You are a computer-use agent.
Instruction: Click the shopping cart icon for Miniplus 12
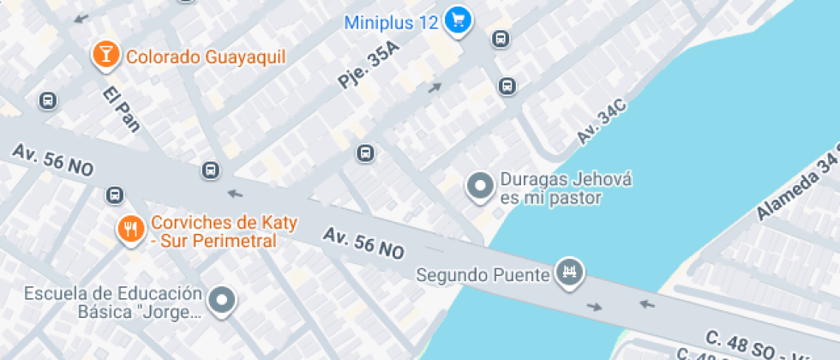click(459, 21)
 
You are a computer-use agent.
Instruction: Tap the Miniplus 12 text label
click(392, 22)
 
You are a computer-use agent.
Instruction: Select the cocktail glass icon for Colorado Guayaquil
click(105, 56)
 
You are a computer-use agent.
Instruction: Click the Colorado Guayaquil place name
click(206, 57)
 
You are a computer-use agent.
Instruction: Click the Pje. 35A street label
click(369, 67)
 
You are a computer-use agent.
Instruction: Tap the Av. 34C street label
click(601, 123)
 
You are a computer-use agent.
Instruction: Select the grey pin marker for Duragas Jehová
click(480, 186)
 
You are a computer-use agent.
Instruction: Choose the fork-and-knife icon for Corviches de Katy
click(130, 229)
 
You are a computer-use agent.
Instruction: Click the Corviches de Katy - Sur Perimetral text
click(224, 231)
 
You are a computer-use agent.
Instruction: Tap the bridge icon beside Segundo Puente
click(567, 273)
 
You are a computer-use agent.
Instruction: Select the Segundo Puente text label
click(482, 275)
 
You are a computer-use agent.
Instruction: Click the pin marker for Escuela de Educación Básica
click(225, 301)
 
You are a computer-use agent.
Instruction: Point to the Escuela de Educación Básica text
click(113, 303)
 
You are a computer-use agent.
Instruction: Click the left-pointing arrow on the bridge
click(646, 303)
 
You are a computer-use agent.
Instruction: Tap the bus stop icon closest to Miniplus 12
click(501, 39)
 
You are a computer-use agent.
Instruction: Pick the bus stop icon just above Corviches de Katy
click(115, 195)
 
